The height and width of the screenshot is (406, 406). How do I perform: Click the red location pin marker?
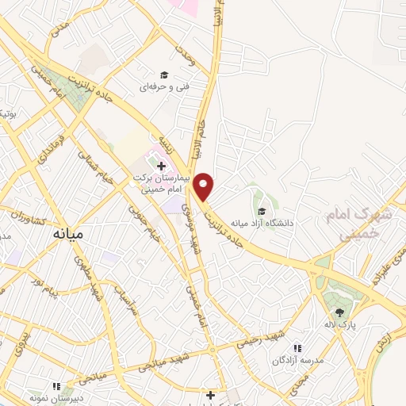click(205, 186)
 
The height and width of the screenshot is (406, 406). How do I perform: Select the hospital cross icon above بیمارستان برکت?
click(162, 167)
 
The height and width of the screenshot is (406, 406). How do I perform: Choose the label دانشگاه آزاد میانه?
click(262, 223)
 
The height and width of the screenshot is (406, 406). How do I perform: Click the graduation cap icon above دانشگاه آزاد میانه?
click(262, 210)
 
